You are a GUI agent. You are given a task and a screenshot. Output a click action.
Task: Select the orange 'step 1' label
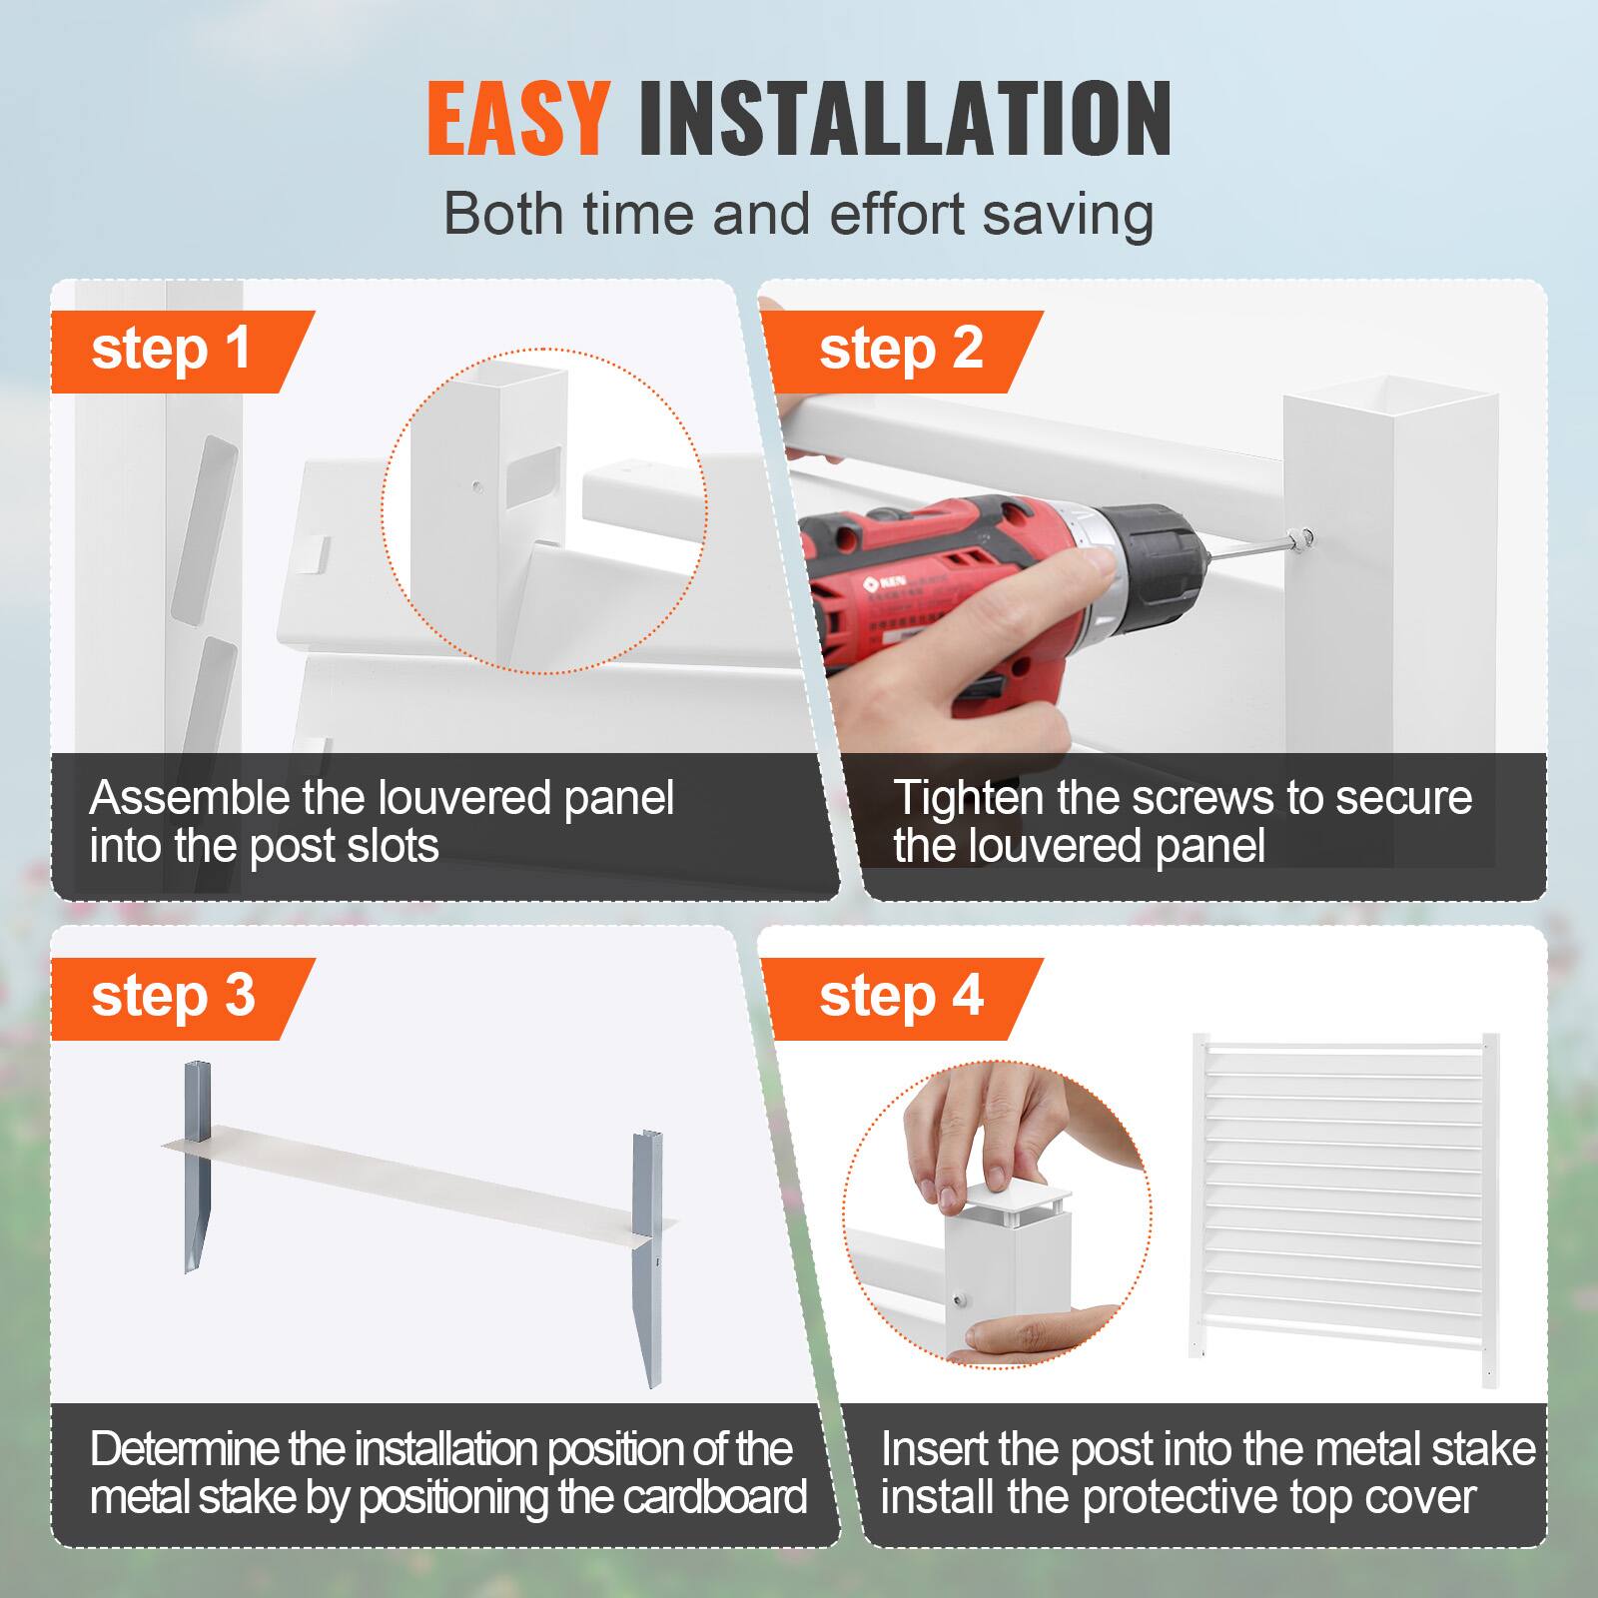171,350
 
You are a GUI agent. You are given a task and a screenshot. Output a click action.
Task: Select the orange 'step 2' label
901,350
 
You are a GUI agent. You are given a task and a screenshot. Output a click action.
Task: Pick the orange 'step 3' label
173,997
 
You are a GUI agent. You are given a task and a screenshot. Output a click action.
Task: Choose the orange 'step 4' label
901,997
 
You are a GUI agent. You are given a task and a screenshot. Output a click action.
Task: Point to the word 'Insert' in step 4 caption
931,1450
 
